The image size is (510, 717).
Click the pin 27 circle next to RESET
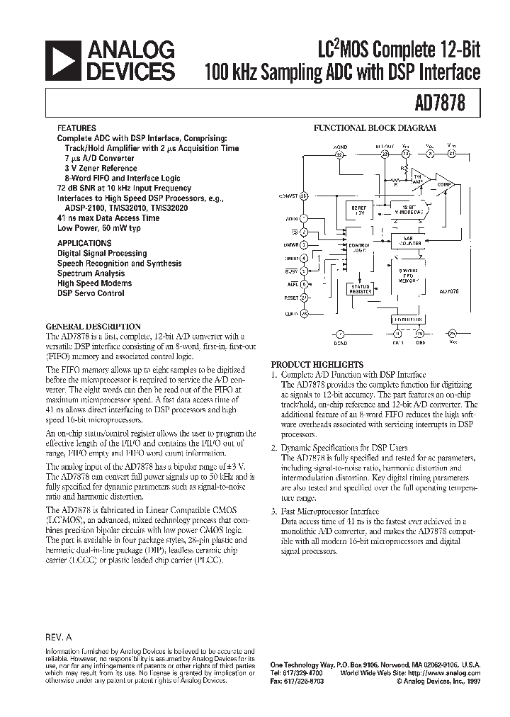point(304,298)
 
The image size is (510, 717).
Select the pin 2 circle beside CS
point(304,232)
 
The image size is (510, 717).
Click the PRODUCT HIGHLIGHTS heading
point(317,363)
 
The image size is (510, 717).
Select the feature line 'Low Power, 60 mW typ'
point(98,228)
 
